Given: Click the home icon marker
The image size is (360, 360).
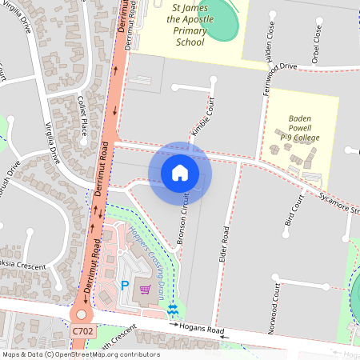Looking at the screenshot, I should (180, 172).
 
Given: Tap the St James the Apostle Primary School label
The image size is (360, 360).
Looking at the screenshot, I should (190, 24).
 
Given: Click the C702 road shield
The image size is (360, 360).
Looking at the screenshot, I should (82, 330).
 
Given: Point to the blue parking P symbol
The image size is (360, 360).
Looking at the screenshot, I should (124, 285).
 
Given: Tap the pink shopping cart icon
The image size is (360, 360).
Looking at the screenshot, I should (146, 289).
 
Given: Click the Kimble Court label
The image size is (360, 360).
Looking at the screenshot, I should (203, 114).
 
